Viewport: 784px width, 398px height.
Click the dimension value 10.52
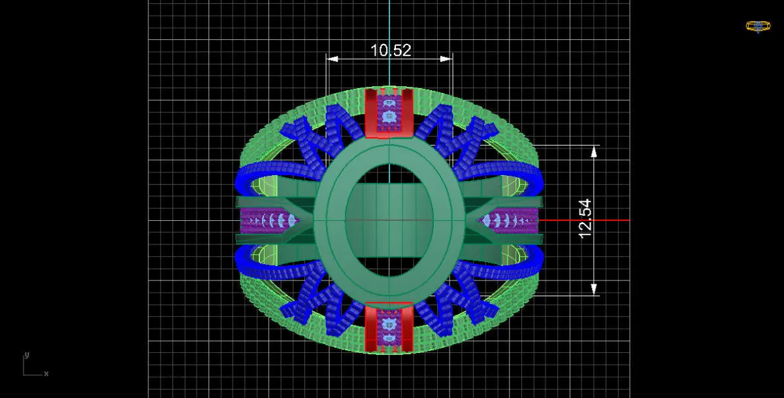[x=391, y=50]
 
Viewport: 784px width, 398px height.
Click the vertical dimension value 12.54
[x=585, y=219]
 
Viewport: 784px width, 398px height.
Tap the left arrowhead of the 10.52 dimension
[x=332, y=59]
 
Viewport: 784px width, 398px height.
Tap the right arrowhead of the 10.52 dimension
[x=446, y=59]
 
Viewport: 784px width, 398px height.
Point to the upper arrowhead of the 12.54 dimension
[x=594, y=152]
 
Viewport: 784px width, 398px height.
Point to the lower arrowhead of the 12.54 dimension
[x=594, y=289]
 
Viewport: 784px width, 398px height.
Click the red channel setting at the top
[x=389, y=112]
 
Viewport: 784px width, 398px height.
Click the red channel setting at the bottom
[x=389, y=327]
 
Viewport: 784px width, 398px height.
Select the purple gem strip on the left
[x=269, y=220]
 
